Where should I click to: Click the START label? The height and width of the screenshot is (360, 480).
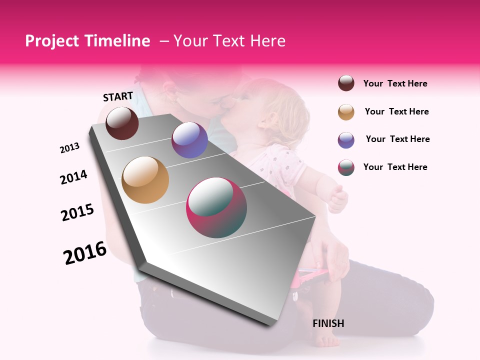(x=118, y=96)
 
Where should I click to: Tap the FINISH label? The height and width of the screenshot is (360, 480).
(x=328, y=323)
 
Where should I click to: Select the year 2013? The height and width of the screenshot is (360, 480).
(x=70, y=148)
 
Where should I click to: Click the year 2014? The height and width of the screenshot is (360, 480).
(x=73, y=177)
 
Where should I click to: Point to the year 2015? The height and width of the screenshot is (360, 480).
(x=77, y=212)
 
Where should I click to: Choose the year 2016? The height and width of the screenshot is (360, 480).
(x=85, y=253)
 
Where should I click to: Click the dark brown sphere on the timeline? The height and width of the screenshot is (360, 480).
(x=122, y=123)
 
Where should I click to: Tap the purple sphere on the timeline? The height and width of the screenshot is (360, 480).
(x=189, y=140)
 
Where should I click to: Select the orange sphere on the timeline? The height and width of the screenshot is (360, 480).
(x=145, y=180)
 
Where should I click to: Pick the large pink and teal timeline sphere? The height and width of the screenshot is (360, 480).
(x=216, y=207)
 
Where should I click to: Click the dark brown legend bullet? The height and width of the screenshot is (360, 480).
(x=346, y=83)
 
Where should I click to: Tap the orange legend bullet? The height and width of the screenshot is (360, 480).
(x=346, y=111)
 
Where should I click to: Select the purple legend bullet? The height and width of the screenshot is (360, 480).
(x=346, y=139)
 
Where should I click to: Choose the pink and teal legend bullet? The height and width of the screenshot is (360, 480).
(x=346, y=167)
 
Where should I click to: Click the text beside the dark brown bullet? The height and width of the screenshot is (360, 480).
(x=395, y=83)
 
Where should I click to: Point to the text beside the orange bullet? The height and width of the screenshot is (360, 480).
(x=396, y=111)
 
